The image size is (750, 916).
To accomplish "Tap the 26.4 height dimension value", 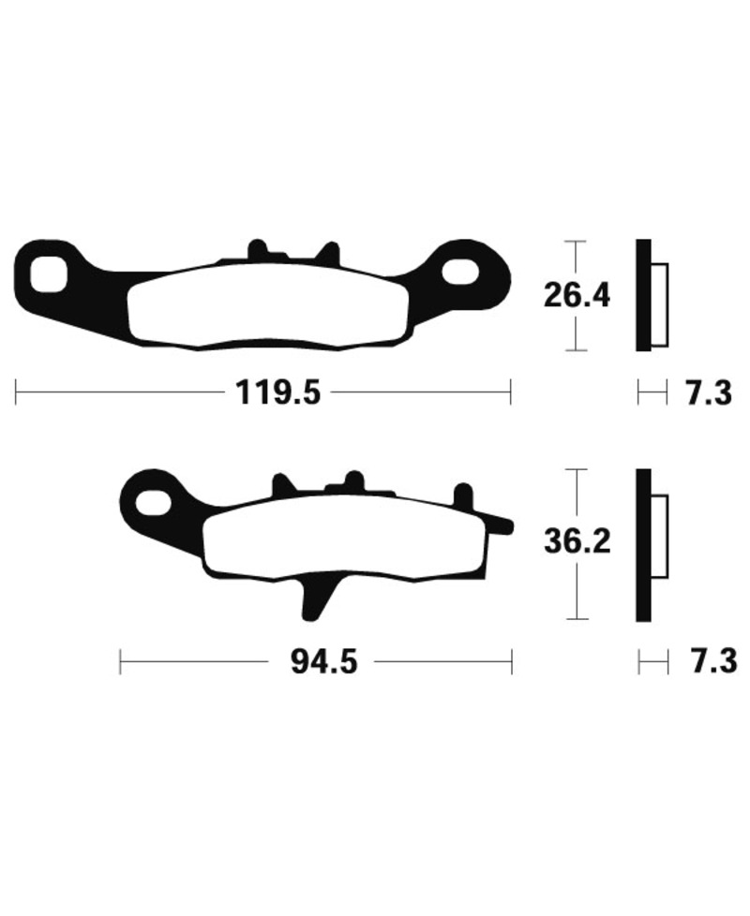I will (577, 296).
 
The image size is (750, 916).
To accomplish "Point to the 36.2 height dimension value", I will (577, 541).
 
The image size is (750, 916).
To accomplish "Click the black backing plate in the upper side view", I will (643, 296).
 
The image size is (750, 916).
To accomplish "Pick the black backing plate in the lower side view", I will (643, 543).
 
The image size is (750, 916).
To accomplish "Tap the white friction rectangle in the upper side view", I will (660, 305).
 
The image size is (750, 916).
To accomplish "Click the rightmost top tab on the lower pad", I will (462, 495).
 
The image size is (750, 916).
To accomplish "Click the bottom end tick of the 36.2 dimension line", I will (578, 619).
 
